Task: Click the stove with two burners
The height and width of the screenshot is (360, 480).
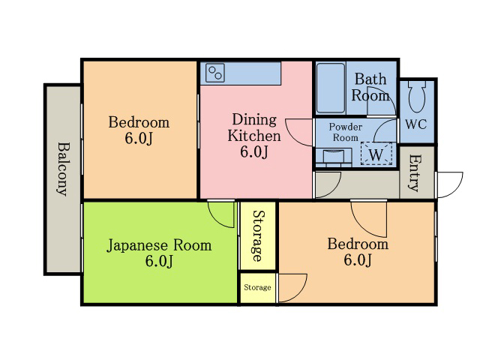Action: click(x=215, y=73)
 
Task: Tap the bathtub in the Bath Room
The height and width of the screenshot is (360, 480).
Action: click(x=331, y=88)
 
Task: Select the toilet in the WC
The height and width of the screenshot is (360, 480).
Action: click(x=417, y=97)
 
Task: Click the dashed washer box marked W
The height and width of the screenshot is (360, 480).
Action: click(x=376, y=154)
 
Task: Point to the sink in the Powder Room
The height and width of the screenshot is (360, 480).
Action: click(x=333, y=157)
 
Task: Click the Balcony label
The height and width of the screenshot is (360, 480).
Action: click(x=63, y=169)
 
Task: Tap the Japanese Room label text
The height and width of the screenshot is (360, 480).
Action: click(x=159, y=245)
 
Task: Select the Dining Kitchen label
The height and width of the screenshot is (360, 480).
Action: click(x=254, y=127)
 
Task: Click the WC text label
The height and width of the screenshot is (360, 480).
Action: click(x=416, y=124)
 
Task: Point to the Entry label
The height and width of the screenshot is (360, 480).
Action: click(x=415, y=173)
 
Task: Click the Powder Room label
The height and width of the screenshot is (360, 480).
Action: click(x=345, y=132)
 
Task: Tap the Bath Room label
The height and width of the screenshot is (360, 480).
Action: click(x=370, y=88)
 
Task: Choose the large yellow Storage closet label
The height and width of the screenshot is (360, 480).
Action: click(x=258, y=235)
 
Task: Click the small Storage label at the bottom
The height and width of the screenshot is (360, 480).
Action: click(x=257, y=287)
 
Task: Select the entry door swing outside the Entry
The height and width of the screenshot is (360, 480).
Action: click(x=450, y=184)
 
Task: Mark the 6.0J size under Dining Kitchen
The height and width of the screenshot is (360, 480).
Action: click(x=254, y=151)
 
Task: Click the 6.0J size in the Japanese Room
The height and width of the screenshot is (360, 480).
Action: click(x=159, y=261)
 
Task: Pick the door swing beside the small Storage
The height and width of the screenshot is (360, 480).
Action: click(x=292, y=288)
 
